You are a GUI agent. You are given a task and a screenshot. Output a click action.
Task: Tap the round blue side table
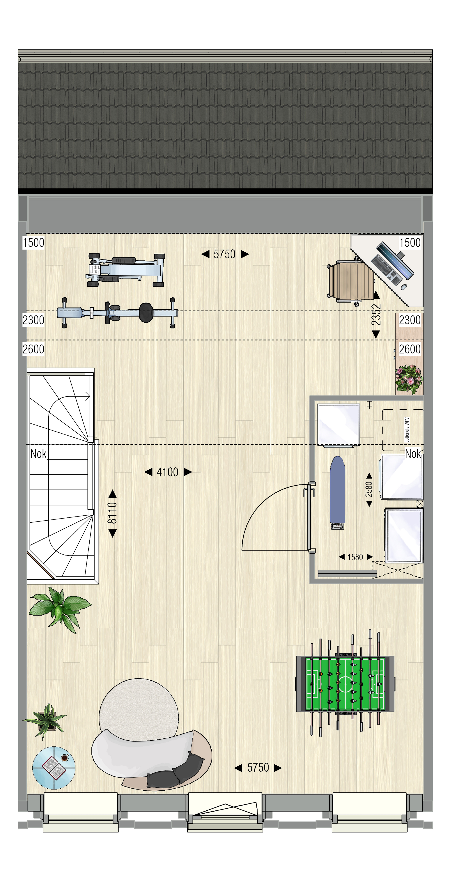tap(54, 768)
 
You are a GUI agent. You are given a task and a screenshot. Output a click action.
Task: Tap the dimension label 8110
tap(112, 513)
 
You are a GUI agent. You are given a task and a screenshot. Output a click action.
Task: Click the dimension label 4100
tap(168, 472)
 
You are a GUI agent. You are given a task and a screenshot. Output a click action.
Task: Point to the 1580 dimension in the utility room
tap(355, 557)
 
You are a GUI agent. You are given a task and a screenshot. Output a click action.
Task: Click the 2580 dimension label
tap(369, 489)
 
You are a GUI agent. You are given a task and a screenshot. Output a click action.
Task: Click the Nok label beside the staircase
tap(38, 454)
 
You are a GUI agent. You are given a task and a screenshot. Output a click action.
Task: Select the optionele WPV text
tap(407, 430)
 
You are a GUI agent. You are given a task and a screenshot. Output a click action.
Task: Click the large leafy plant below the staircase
tap(59, 609)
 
